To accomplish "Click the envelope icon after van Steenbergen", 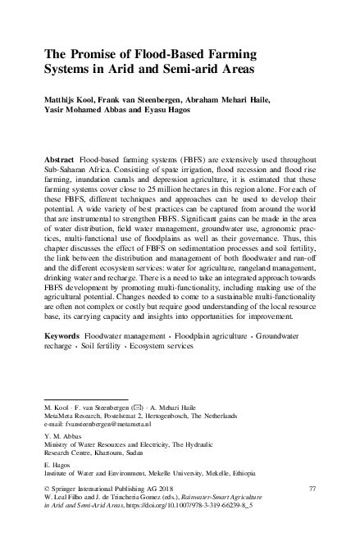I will pyautogui.click(x=134, y=407).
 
